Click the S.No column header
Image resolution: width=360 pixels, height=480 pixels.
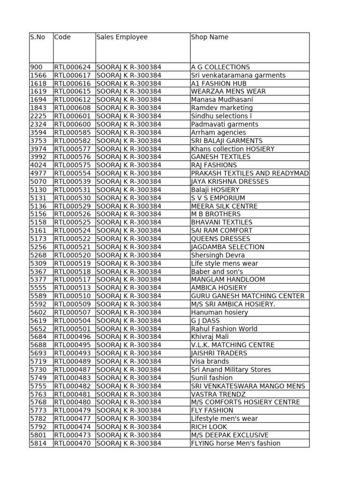37,37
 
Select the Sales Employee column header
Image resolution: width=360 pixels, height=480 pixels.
122,37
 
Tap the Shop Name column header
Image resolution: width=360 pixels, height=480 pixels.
210,37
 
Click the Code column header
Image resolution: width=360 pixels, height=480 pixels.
62,37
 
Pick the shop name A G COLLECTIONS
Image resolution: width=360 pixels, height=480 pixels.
220,67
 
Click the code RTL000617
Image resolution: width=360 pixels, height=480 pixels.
73,75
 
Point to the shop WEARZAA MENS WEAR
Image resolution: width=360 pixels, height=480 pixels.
228,91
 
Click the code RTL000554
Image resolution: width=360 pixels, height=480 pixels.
73,173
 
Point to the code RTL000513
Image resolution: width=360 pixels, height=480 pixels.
73,288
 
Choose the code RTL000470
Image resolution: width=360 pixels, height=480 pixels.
73,443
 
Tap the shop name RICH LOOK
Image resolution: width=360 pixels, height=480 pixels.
209,427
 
